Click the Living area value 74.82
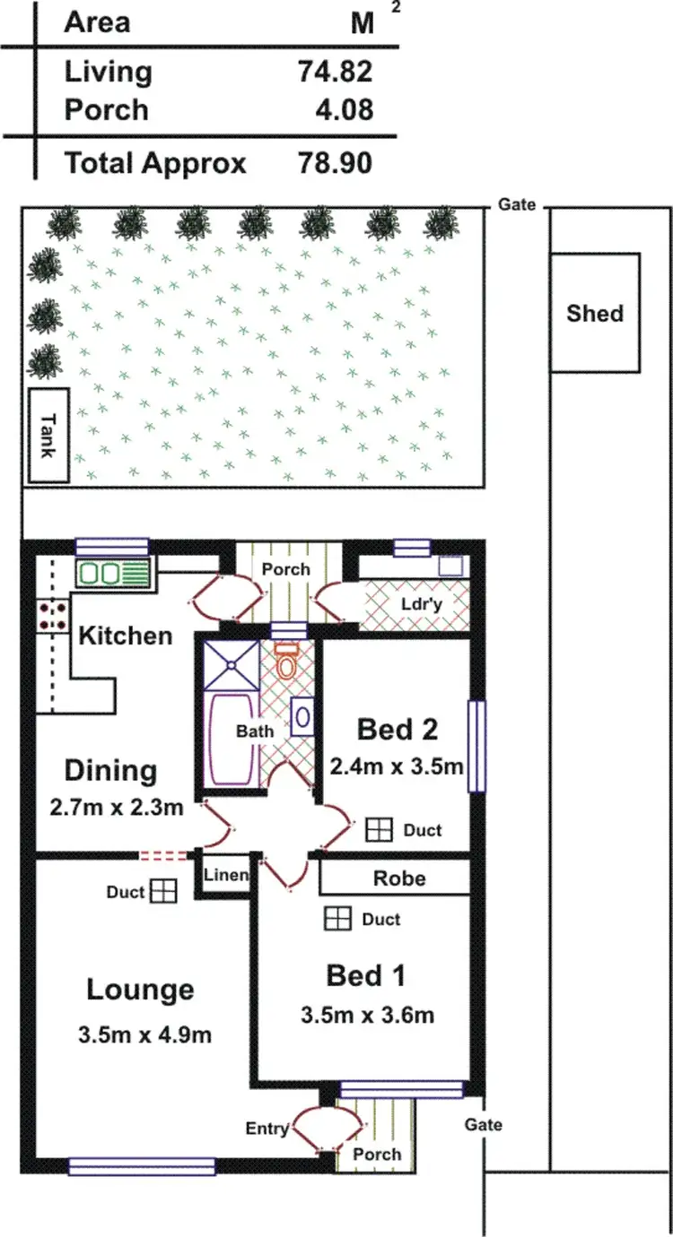(x=335, y=72)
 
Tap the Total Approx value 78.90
(x=335, y=163)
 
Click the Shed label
(x=595, y=313)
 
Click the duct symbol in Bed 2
(x=380, y=830)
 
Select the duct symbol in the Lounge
(x=162, y=891)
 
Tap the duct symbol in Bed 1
(x=337, y=919)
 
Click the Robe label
(x=400, y=878)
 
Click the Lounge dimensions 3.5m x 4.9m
(x=144, y=1034)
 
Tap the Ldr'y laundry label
(x=421, y=603)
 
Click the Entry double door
(x=316, y=1129)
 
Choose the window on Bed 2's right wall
(x=476, y=746)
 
